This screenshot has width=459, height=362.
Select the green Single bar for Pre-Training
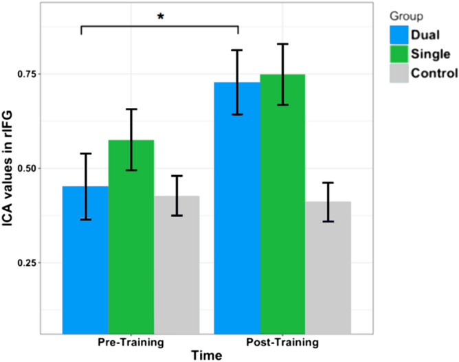click(131, 247)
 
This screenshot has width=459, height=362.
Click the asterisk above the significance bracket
click(160, 16)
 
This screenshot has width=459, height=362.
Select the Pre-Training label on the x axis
click(131, 341)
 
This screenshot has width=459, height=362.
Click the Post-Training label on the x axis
click(282, 341)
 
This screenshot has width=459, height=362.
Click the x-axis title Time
click(206, 354)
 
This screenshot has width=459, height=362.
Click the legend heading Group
click(400, 13)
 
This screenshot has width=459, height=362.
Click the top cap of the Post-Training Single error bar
click(282, 44)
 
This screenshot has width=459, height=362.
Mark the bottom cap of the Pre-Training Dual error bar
click(85, 219)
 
